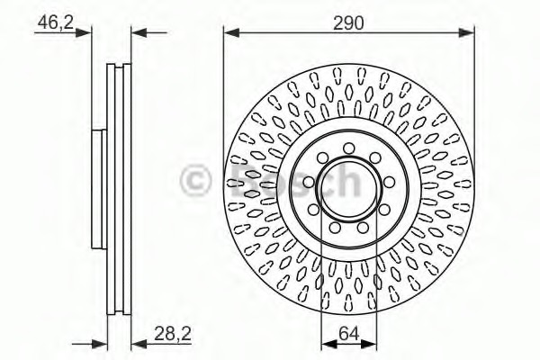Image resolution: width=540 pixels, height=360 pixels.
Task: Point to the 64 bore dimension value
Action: click(348, 335)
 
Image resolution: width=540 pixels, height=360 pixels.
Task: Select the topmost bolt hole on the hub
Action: click(348, 148)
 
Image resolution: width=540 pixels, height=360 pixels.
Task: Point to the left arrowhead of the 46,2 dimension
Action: click(87, 34)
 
